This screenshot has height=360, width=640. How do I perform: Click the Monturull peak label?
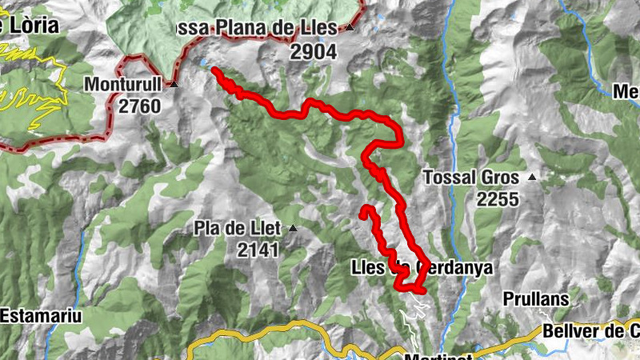click(x=123, y=83)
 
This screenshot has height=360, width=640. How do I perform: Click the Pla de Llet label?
click(x=237, y=229)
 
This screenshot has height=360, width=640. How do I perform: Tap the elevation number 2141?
click(x=258, y=250)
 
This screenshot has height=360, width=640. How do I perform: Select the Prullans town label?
click(x=536, y=298)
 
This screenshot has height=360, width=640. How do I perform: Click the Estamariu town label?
click(x=41, y=315)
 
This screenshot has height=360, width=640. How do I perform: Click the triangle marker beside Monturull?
click(x=172, y=83)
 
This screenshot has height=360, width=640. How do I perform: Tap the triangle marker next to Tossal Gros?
click(x=530, y=177)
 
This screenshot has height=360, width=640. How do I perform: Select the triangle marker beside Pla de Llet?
click(x=292, y=229)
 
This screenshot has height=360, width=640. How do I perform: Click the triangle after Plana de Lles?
click(x=350, y=28)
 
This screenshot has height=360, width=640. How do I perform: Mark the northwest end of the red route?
click(x=214, y=71)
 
